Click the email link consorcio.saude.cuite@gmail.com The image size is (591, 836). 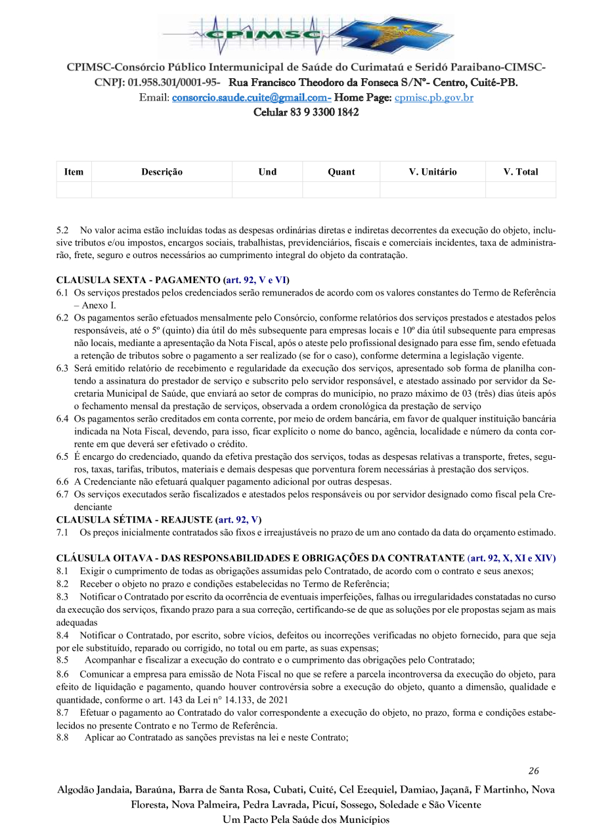(x=250, y=98)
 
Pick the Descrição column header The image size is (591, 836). (x=162, y=172)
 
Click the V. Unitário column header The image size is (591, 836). (x=432, y=172)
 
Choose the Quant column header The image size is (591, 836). (x=341, y=172)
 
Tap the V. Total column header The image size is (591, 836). (x=520, y=172)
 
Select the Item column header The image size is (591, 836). (x=74, y=172)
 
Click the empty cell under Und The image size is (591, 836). (x=267, y=190)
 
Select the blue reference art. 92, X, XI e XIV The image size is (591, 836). (x=512, y=558)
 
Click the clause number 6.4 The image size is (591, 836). (x=62, y=418)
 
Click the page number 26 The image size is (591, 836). (x=533, y=771)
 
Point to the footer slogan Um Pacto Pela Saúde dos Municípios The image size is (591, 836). (x=305, y=820)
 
